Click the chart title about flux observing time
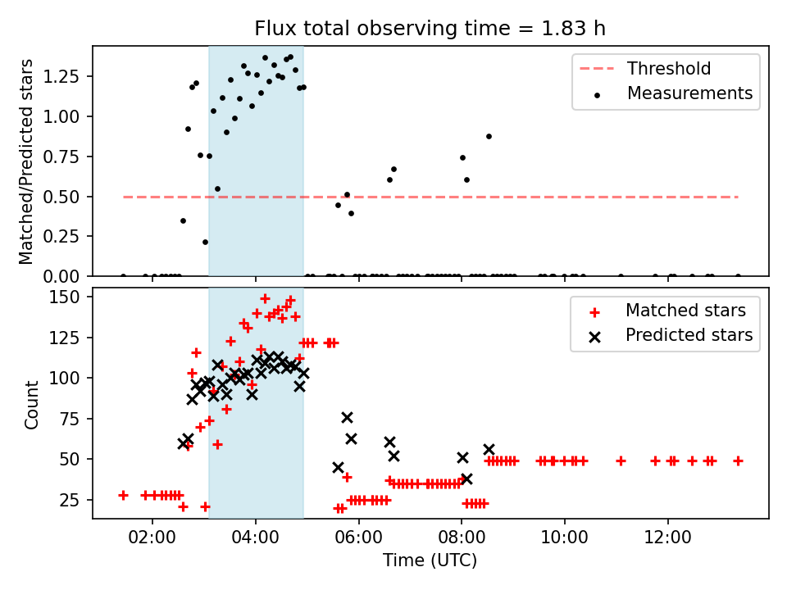click(x=430, y=29)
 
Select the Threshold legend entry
click(x=669, y=69)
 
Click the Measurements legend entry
click(x=689, y=93)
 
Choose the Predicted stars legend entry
click(x=689, y=335)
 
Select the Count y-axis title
click(x=32, y=405)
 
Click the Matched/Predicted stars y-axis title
click(x=27, y=161)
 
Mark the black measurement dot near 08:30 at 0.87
click(x=489, y=136)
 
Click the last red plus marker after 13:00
click(x=738, y=461)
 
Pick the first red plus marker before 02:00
click(x=123, y=495)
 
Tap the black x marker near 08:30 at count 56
click(x=489, y=449)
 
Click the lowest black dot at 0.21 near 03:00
click(x=205, y=242)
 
